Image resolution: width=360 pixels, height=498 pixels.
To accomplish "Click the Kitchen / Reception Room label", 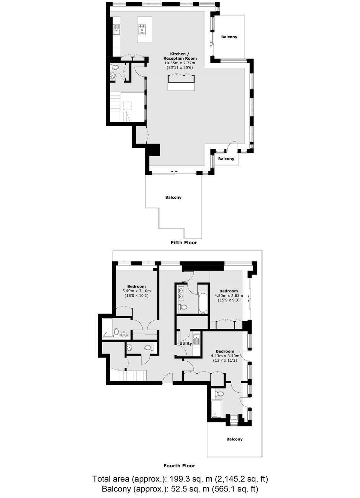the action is click(180, 56).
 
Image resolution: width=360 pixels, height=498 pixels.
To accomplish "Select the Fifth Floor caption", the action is click(184, 243).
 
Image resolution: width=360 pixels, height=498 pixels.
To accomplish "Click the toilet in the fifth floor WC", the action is click(115, 67).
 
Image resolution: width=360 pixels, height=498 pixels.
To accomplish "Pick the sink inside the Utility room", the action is click(197, 339).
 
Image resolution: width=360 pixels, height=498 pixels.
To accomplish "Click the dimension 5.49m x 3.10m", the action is click(136, 291).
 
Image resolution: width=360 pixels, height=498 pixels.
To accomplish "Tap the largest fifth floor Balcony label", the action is click(173, 197).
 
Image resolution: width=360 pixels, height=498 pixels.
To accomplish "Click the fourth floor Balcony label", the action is click(234, 439).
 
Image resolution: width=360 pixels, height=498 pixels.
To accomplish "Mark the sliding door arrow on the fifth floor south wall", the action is click(174, 171).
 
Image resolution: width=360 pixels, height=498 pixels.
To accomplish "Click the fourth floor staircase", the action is click(129, 375).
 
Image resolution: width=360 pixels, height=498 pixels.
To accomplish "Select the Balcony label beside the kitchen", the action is click(229, 37).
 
